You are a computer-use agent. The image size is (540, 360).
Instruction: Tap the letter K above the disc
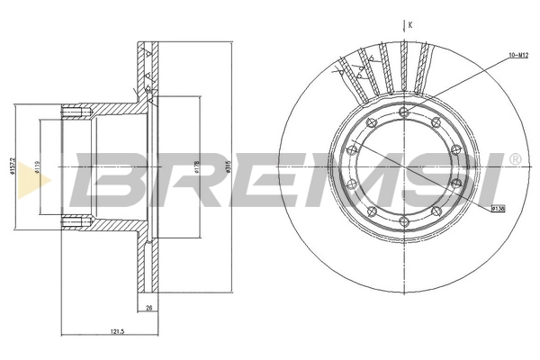point(409,25)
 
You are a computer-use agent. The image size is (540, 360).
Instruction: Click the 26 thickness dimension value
point(148,309)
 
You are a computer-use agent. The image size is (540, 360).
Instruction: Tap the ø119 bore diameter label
point(37,168)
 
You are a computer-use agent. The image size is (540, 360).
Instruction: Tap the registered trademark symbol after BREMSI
point(514,159)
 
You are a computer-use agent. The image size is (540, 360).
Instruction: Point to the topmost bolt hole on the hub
point(403,112)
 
